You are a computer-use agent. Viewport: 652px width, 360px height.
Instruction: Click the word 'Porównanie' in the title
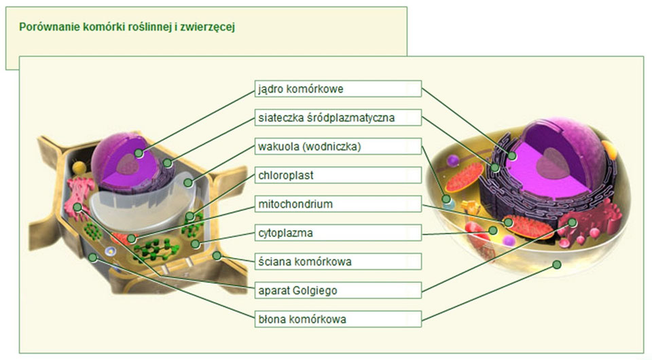click(x=46, y=27)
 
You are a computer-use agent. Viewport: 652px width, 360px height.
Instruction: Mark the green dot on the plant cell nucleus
click(x=139, y=154)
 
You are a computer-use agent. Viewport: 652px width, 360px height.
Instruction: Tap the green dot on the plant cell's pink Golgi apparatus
click(x=79, y=206)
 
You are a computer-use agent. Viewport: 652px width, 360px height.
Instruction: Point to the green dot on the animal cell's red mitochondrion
click(x=507, y=221)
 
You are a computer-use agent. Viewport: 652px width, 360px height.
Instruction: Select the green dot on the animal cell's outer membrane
click(x=556, y=264)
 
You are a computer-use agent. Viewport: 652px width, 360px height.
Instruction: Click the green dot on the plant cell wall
click(x=217, y=256)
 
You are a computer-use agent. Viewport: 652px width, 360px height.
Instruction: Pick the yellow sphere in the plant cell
click(x=80, y=167)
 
